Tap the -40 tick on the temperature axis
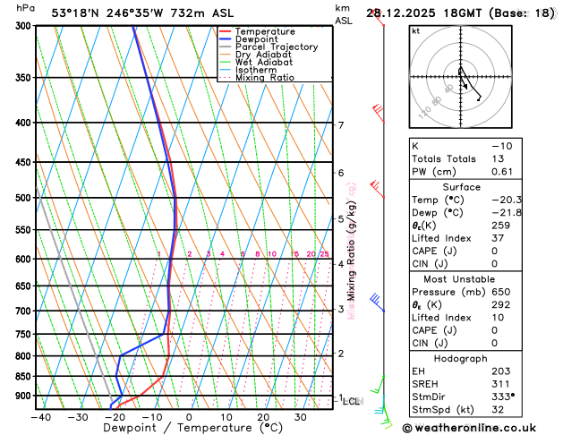click(39, 416)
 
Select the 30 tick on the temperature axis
click(301, 416)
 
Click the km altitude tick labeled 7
click(341, 125)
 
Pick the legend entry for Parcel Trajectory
click(277, 47)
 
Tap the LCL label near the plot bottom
click(352, 402)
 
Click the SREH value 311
click(500, 383)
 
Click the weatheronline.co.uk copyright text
click(481, 427)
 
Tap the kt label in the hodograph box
click(415, 30)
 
